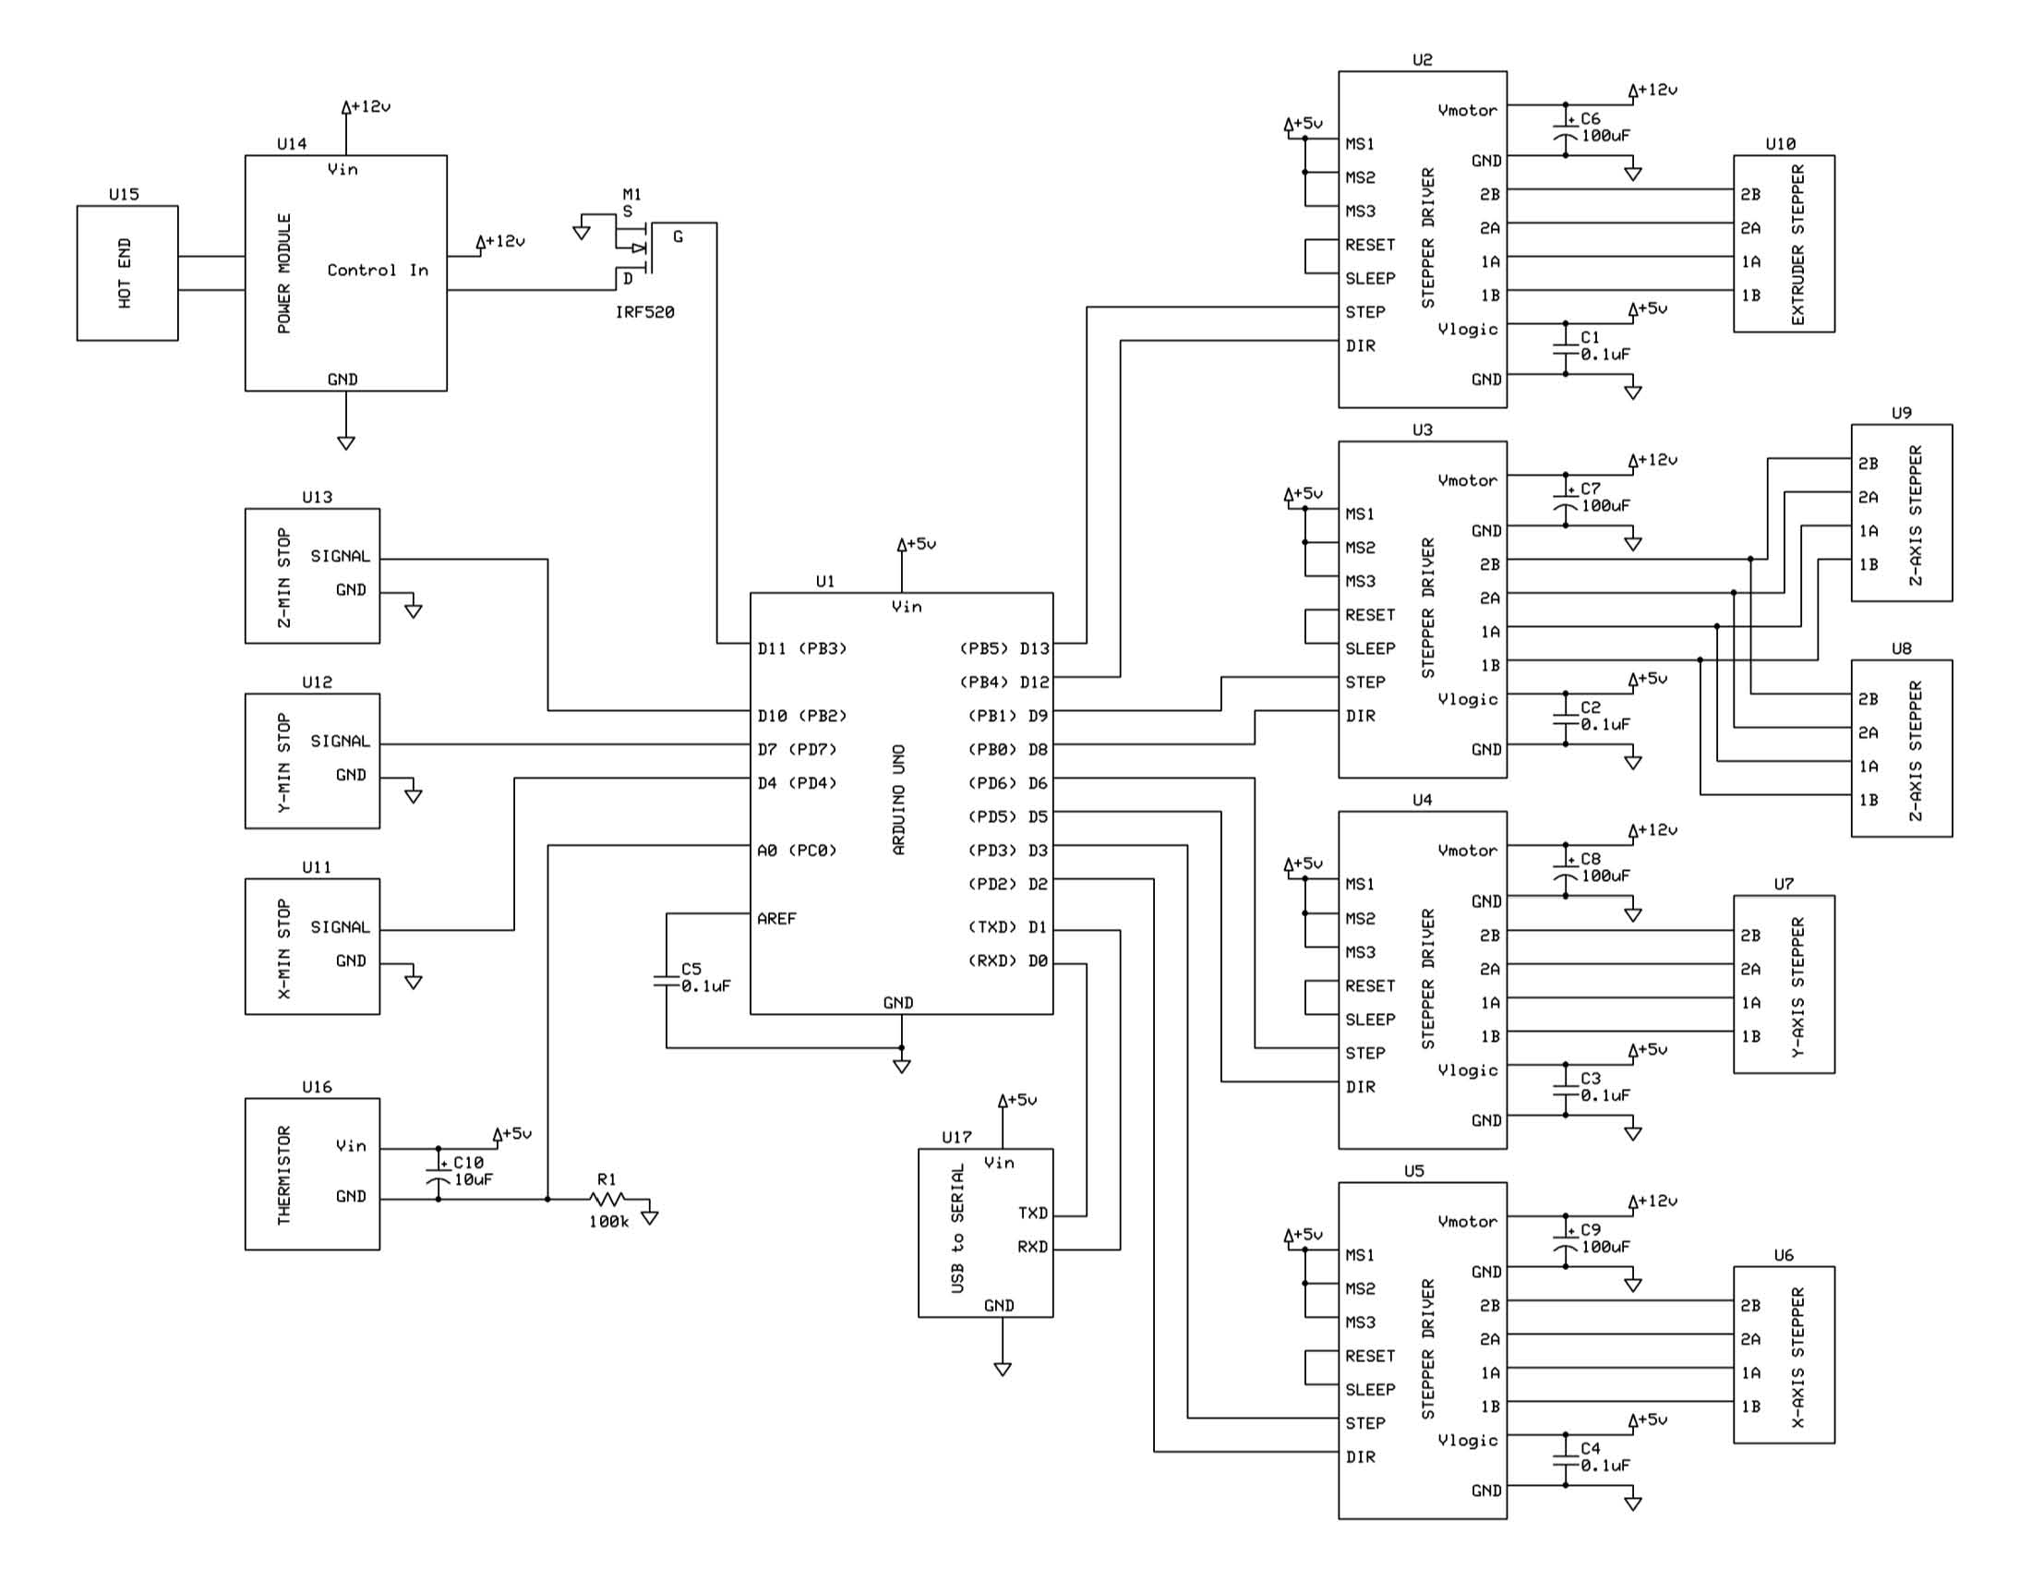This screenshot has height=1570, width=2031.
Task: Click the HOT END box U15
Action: click(126, 272)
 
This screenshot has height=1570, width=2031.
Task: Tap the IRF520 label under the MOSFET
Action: click(644, 312)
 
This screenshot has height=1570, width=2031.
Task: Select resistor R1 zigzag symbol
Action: click(607, 1200)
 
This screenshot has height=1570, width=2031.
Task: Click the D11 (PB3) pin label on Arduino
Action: click(801, 648)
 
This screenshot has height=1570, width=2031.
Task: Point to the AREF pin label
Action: click(775, 919)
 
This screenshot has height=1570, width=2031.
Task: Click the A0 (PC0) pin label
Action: click(796, 850)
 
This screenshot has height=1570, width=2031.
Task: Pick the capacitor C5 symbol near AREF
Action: click(666, 980)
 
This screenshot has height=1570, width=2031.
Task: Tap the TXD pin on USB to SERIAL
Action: click(1032, 1214)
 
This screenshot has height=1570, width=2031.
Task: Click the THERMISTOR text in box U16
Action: click(284, 1175)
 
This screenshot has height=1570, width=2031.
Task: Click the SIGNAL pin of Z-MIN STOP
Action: click(340, 556)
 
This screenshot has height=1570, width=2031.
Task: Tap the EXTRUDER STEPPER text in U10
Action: click(1797, 245)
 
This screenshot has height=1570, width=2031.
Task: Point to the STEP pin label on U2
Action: click(1364, 312)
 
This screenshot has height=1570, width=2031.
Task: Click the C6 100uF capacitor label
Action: click(1604, 127)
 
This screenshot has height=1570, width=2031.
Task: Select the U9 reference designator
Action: click(1901, 413)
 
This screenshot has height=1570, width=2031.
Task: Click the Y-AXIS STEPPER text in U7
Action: click(1797, 986)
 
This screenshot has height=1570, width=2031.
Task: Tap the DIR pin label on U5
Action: click(1360, 1456)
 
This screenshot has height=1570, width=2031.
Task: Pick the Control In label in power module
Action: click(378, 271)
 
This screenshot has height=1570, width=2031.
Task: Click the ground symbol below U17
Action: click(1002, 1369)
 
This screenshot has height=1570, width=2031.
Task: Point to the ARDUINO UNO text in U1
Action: click(898, 800)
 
